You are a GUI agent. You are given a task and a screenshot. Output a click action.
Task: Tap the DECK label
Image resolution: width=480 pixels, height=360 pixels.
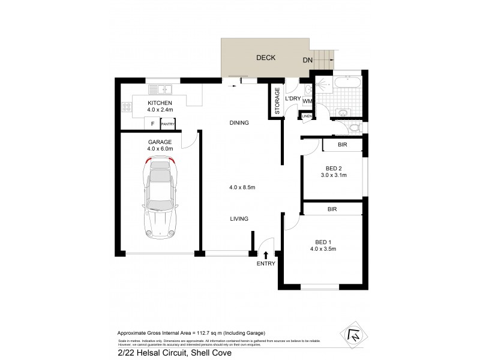point(265,58)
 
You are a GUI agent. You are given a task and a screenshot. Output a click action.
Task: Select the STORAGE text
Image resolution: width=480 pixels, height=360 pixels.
point(277,100)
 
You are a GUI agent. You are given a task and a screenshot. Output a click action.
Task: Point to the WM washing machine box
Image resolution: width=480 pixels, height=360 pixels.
point(308,101)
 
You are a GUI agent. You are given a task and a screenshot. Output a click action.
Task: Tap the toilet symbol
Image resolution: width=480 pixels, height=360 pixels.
point(354,127)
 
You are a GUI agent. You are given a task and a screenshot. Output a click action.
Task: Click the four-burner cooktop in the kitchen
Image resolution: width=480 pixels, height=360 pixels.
point(127,108)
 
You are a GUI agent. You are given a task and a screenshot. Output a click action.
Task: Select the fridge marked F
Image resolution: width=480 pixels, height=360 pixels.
point(153,124)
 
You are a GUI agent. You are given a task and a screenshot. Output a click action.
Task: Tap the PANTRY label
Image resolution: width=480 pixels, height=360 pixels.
point(167,124)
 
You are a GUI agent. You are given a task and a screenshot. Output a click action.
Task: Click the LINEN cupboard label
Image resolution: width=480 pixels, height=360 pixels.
point(307,116)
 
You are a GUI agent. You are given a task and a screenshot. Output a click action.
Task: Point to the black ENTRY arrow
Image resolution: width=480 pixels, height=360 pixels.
point(266,255)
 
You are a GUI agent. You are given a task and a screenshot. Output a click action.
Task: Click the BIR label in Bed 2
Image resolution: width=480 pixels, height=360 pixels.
point(343,145)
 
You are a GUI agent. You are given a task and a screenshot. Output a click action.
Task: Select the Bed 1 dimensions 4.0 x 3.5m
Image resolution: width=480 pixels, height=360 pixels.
point(323,248)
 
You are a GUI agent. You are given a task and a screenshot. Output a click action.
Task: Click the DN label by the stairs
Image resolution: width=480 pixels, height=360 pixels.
point(307,60)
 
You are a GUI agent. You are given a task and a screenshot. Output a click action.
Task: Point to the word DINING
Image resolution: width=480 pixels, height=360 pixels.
point(239,122)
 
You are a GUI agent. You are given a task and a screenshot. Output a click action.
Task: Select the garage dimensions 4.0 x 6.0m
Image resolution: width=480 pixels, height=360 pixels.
point(160,148)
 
